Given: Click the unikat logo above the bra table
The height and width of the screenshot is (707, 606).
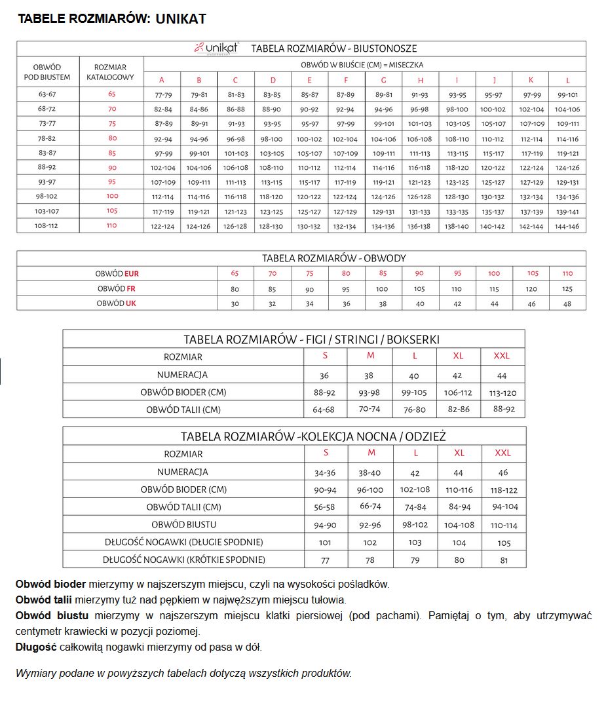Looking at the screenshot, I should click(x=216, y=48).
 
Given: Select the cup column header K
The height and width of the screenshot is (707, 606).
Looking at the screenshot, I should click(x=531, y=80).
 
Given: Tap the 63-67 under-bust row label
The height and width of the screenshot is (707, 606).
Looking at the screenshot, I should click(x=47, y=94).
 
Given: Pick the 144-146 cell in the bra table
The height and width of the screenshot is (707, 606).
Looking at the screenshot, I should click(x=567, y=225).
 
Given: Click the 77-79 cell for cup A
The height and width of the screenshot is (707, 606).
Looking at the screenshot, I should click(x=162, y=94).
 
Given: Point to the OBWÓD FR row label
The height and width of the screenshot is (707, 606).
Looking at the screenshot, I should click(x=117, y=289).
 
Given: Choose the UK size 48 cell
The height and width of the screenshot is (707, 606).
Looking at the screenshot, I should click(x=567, y=303).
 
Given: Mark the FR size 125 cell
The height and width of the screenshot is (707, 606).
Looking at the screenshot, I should click(x=567, y=289).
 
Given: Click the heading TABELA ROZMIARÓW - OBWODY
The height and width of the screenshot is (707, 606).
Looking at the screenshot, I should click(x=333, y=258).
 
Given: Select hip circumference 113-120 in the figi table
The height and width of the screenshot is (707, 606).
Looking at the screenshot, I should click(x=503, y=392).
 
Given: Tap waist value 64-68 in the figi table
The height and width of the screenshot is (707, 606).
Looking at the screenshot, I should click(x=324, y=410).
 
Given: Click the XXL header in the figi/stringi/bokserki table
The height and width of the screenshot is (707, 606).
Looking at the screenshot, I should click(x=502, y=356).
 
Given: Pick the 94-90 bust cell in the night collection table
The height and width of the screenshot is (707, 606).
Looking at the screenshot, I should click(x=326, y=525).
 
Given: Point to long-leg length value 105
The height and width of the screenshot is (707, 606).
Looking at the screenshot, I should click(x=504, y=543).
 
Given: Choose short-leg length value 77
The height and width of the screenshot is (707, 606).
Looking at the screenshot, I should click(x=325, y=560).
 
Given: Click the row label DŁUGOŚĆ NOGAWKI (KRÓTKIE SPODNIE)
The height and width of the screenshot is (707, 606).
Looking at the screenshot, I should click(x=184, y=560).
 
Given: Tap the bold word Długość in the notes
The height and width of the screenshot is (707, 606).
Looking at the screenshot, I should click(x=35, y=647).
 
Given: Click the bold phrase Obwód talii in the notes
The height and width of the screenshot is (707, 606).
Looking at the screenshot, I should click(x=44, y=600).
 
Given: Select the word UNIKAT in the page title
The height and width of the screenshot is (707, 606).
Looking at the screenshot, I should click(x=181, y=19).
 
